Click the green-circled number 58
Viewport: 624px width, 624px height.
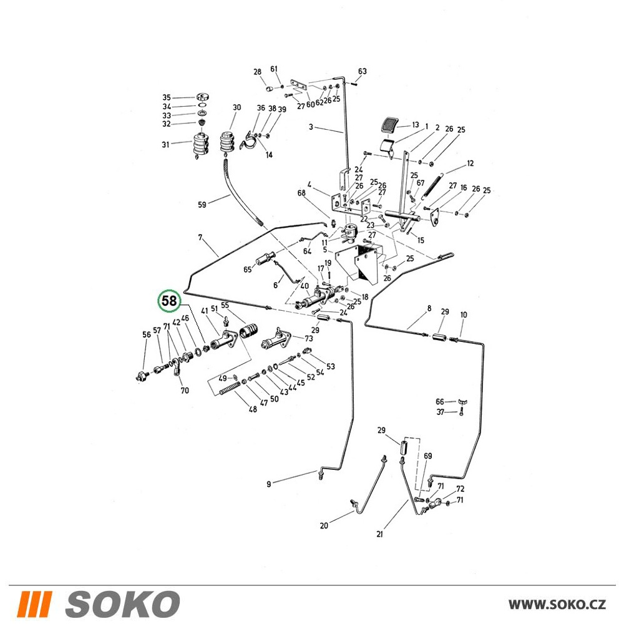click(170, 301)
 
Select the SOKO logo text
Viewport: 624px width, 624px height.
click(122, 603)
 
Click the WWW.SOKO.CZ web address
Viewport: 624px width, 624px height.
click(557, 604)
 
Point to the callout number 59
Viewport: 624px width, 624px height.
click(202, 205)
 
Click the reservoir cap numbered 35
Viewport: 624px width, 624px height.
click(203, 97)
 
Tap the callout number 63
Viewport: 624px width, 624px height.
click(362, 71)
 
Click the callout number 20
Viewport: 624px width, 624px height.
click(324, 525)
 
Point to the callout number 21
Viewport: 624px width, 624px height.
click(379, 534)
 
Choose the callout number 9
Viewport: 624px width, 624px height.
click(268, 484)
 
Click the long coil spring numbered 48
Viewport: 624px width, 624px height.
click(230, 388)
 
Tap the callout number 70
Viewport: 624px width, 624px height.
click(185, 391)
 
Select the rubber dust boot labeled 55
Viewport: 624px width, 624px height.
click(248, 331)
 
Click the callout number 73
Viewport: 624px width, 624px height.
click(309, 339)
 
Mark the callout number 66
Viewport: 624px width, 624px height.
click(439, 401)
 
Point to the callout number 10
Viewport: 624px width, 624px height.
click(463, 314)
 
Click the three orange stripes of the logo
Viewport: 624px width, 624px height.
click(36, 603)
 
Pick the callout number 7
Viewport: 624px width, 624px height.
click(200, 238)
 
